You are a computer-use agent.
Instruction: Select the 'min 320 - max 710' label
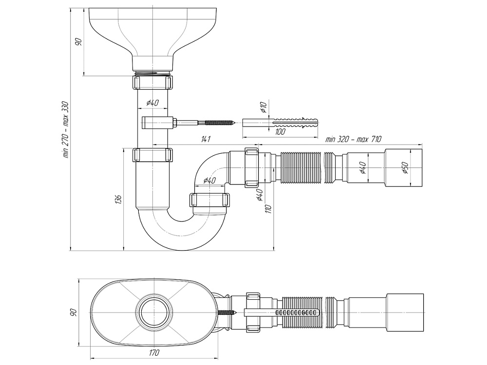pyautogui.click(x=353, y=139)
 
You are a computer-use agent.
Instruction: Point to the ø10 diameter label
pyautogui.click(x=263, y=108)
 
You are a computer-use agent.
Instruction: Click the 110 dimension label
pyautogui.click(x=268, y=209)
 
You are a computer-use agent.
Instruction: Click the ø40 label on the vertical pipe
pyautogui.click(x=153, y=103)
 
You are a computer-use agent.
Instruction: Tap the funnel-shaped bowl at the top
pyautogui.click(x=153, y=34)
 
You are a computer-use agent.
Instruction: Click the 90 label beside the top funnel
pyautogui.click(x=78, y=41)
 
